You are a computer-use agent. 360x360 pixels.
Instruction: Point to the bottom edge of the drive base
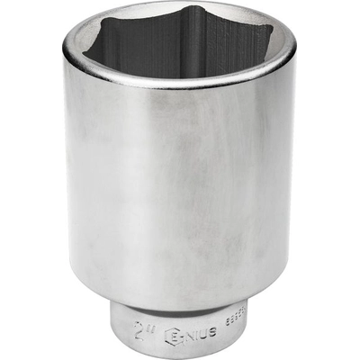(180, 357)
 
